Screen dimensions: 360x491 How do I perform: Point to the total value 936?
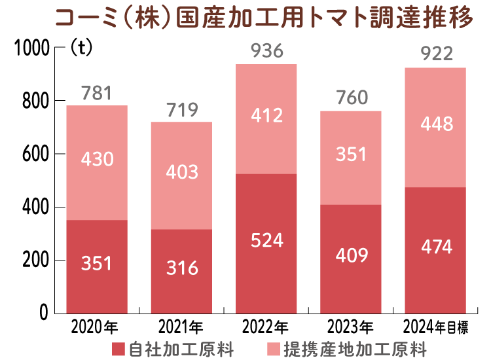coord(266,50)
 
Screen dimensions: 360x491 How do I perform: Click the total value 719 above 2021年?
coord(181,109)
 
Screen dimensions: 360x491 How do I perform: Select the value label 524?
coord(266,240)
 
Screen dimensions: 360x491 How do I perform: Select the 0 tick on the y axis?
coord(43,314)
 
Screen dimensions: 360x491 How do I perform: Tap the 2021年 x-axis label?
coord(181,326)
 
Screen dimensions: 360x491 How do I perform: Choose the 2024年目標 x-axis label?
coord(435,326)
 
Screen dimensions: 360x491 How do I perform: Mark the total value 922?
coord(436,54)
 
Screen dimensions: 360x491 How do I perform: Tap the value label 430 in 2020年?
coord(97,158)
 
